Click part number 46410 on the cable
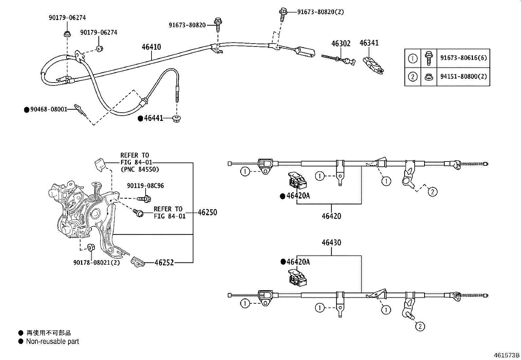pyautogui.click(x=151, y=47)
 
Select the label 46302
pyautogui.click(x=341, y=44)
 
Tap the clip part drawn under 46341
pyautogui.click(x=373, y=64)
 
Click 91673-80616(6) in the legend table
pyautogui.click(x=463, y=58)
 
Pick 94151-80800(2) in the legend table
pyautogui.click(x=463, y=77)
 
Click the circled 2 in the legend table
pyautogui.click(x=413, y=77)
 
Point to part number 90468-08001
pyautogui.click(x=48, y=110)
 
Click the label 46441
pyautogui.click(x=153, y=119)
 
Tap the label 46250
pyautogui.click(x=207, y=212)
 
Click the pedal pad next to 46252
pyautogui.click(x=137, y=262)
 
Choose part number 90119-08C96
pyautogui.click(x=145, y=186)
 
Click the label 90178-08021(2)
pyautogui.click(x=97, y=262)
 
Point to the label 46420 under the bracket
pyautogui.click(x=331, y=216)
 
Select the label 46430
pyautogui.click(x=331, y=243)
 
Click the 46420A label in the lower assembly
pyautogui.click(x=298, y=262)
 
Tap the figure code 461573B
pyautogui.click(x=507, y=355)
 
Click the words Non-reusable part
pyautogui.click(x=53, y=342)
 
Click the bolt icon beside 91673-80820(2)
pyautogui.click(x=283, y=12)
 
